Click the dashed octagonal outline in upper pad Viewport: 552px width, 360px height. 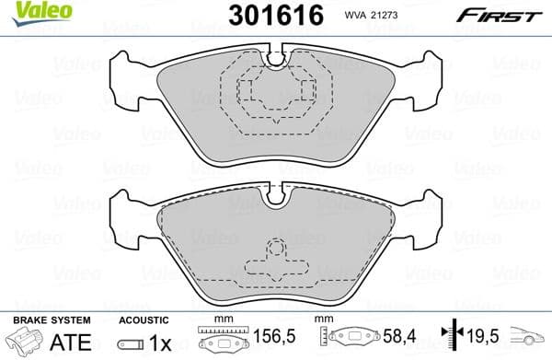click(275, 92)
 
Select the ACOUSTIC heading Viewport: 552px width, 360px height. click(144, 319)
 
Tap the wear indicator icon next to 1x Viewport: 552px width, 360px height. click(130, 342)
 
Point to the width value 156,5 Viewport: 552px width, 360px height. click(268, 340)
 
